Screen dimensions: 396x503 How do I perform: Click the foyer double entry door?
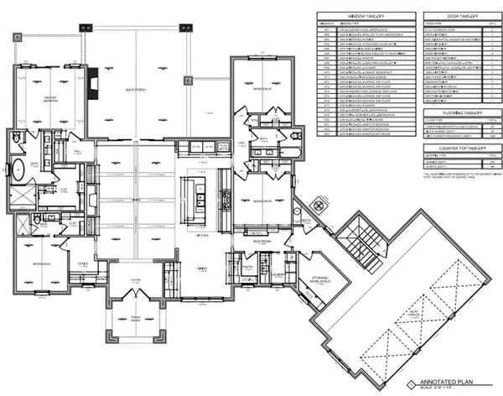pyautogui.click(x=136, y=301)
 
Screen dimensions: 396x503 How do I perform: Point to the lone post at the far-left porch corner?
pyautogui.click(x=17, y=35)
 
